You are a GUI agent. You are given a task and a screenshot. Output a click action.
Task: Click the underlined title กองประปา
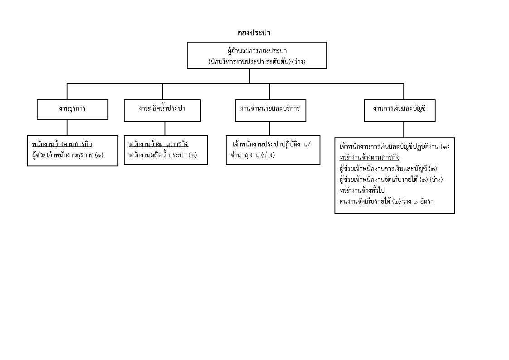[x=254, y=33]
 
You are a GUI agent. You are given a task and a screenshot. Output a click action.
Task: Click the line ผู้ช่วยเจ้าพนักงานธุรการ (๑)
[x=68, y=155]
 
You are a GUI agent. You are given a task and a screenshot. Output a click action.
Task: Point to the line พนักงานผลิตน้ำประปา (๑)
[x=163, y=155]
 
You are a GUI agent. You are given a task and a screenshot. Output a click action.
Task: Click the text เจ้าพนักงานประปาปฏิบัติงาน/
[x=271, y=145]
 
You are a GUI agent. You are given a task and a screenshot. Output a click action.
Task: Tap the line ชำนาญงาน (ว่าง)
[x=252, y=155]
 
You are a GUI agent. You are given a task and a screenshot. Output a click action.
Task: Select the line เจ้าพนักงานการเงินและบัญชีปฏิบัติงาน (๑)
[x=394, y=147]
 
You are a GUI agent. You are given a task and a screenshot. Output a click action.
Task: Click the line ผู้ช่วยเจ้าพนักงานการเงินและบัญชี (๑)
[x=388, y=169]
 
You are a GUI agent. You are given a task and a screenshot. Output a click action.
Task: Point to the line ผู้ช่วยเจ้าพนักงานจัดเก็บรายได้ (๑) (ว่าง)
[x=391, y=180]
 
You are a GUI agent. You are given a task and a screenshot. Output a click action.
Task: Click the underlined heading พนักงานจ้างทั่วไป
[x=362, y=190]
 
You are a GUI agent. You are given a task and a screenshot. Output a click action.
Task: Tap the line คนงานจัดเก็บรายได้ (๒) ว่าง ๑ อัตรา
[x=387, y=201]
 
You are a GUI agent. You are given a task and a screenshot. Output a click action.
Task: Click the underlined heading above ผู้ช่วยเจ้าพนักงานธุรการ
[x=62, y=144]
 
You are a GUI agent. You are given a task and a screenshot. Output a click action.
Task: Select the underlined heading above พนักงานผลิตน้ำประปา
[x=159, y=144]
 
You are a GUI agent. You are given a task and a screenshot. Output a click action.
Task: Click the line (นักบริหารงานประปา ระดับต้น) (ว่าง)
[x=257, y=61]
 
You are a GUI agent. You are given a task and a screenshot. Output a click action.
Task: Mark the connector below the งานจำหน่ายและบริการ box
[x=269, y=129]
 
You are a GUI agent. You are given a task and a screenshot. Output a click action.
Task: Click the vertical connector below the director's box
[x=250, y=76]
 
